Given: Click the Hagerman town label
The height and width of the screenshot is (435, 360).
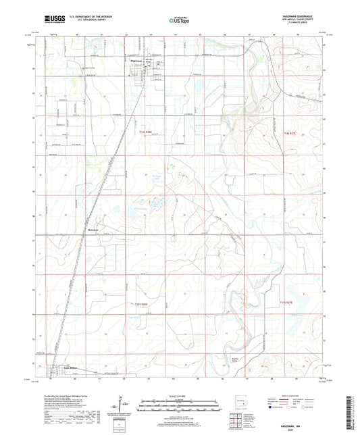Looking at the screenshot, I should click(136, 60).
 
